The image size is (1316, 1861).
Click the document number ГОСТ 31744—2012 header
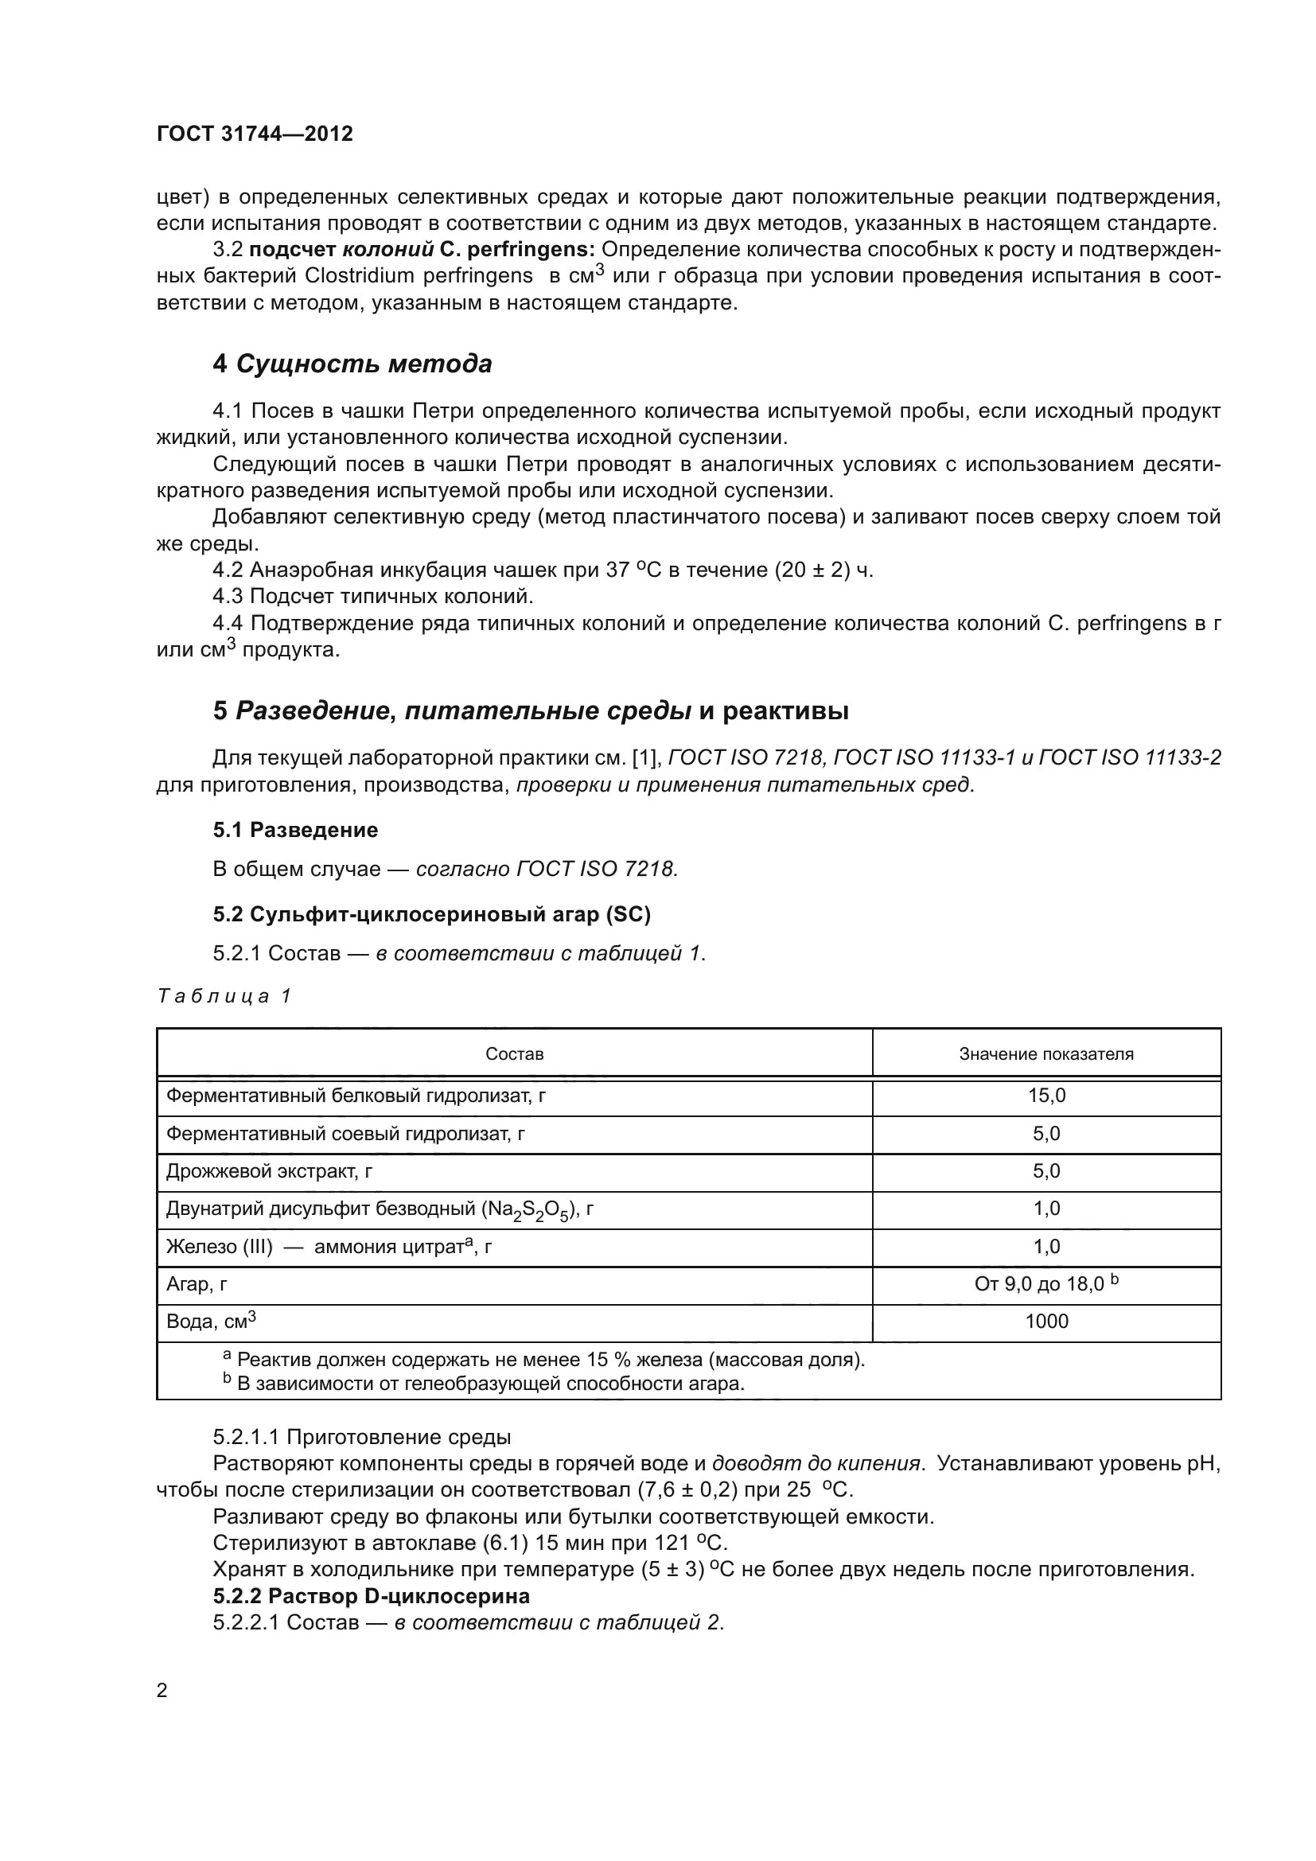click(255, 134)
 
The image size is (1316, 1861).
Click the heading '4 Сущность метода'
click(352, 364)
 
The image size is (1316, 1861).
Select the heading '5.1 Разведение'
click(295, 829)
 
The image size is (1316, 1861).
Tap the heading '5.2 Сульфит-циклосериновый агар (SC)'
click(431, 913)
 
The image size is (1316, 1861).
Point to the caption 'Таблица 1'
click(224, 996)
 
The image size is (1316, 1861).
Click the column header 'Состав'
click(514, 1053)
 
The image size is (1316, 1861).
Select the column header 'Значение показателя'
click(1045, 1053)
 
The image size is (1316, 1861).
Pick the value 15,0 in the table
click(1046, 1096)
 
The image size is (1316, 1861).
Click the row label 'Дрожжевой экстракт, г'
click(269, 1171)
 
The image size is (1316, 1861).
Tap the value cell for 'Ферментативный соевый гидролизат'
click(1046, 1133)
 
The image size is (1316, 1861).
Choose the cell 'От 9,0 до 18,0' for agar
click(1045, 1284)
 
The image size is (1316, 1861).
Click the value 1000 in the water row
click(1046, 1322)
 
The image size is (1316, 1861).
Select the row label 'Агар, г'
click(196, 1284)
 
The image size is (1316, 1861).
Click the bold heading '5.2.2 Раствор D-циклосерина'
click(371, 1596)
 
